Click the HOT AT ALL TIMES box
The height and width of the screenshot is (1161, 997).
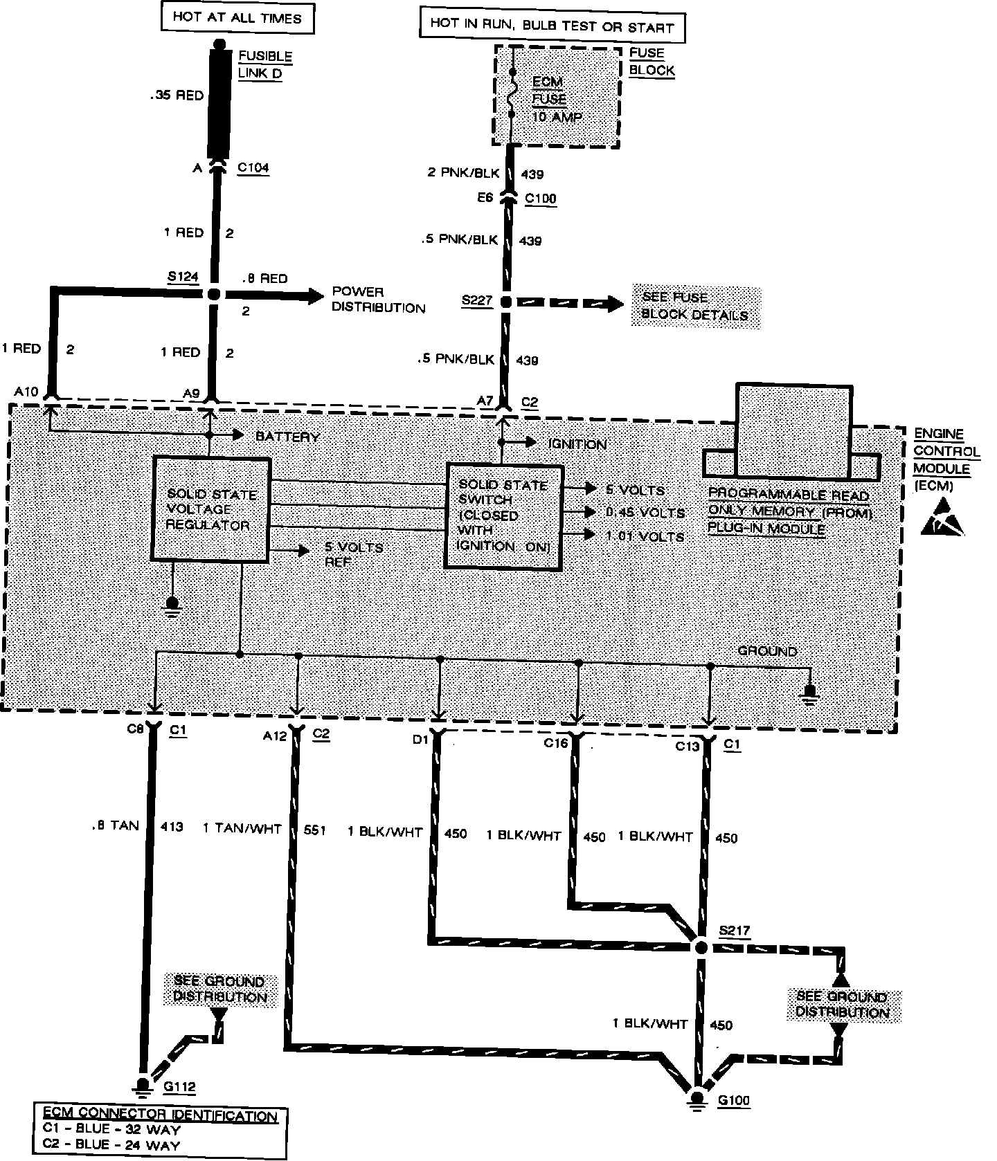click(237, 18)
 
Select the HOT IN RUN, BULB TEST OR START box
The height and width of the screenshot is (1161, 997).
click(551, 26)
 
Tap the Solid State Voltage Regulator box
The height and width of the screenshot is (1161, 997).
click(210, 509)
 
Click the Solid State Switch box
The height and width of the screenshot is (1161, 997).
click(503, 516)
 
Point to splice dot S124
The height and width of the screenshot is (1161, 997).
click(213, 294)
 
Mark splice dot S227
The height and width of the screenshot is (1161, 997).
click(506, 302)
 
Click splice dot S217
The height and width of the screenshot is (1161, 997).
click(701, 947)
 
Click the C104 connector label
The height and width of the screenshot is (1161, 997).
click(253, 167)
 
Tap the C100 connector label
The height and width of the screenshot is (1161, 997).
click(540, 199)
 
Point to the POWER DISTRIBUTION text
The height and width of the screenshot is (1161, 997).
click(378, 300)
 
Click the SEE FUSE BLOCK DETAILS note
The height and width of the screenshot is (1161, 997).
click(694, 307)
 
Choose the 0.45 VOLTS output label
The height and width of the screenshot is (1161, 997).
click(645, 513)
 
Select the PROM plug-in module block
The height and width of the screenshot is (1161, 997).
click(793, 432)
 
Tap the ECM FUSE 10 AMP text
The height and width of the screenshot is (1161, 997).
click(556, 99)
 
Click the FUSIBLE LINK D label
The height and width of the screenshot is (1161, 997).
click(264, 64)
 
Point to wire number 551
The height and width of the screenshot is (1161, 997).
click(314, 830)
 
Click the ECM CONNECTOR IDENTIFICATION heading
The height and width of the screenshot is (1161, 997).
click(160, 1116)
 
